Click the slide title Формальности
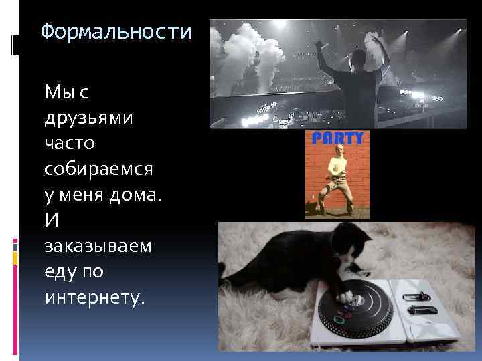click(115, 31)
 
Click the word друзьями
click(88, 118)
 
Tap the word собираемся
click(99, 169)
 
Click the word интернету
click(94, 297)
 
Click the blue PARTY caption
click(339, 138)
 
